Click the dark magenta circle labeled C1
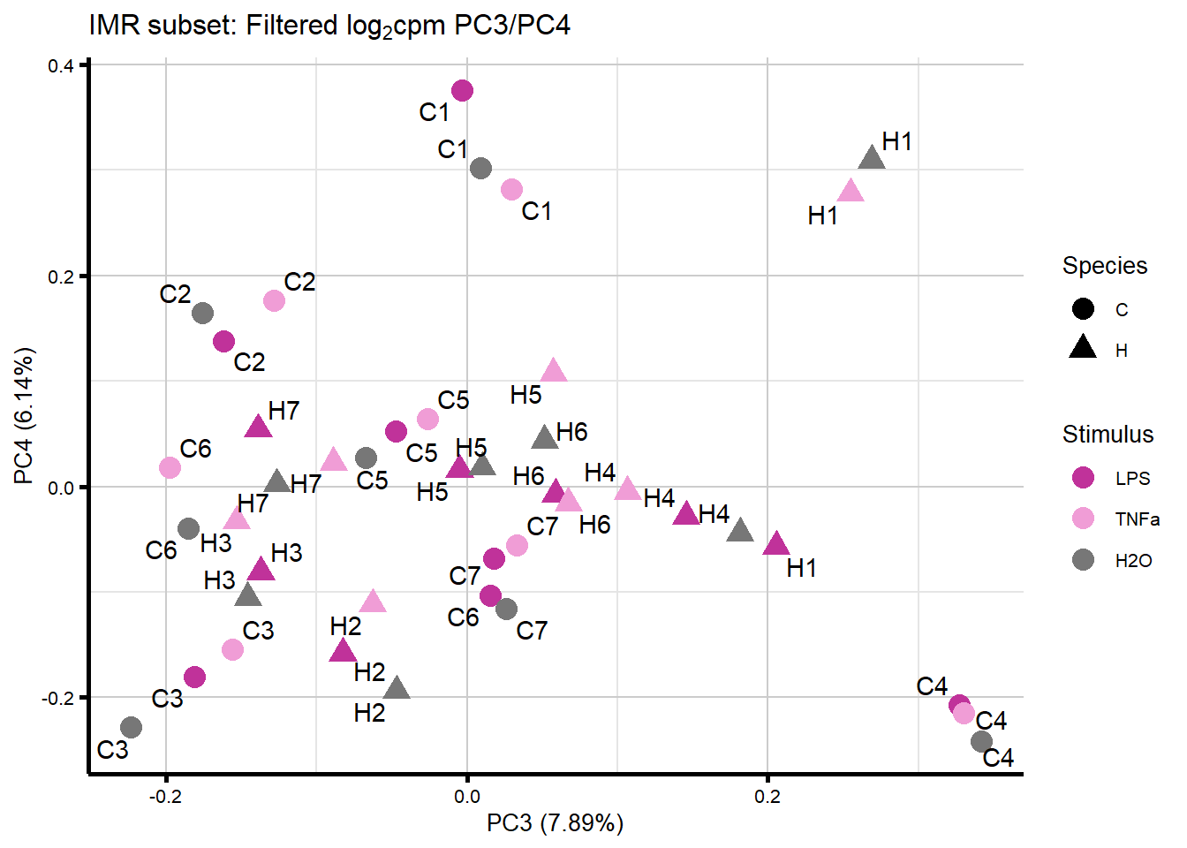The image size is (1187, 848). point(462,91)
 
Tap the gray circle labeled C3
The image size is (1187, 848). point(131,728)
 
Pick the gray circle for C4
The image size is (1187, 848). point(981,742)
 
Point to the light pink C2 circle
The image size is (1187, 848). point(275,301)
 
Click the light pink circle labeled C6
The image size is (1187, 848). point(170,467)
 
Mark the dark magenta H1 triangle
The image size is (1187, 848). point(776,544)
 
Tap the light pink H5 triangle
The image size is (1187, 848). point(553,371)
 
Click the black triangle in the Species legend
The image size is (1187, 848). point(1083,347)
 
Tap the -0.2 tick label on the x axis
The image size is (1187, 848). point(165,797)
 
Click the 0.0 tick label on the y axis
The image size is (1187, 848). point(62,488)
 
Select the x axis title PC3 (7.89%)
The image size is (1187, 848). point(555,823)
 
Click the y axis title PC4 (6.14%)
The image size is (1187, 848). point(24,415)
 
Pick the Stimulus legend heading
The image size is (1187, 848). point(1108,435)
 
